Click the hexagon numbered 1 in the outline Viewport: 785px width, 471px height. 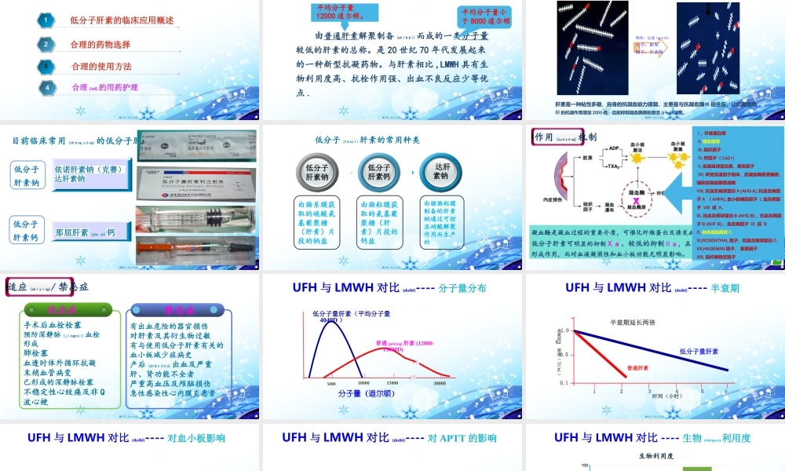tap(47, 20)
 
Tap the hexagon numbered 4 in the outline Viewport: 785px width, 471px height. tap(47, 87)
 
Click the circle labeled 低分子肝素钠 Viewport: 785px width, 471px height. tap(318, 171)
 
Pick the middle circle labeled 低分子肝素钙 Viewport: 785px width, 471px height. tap(379, 171)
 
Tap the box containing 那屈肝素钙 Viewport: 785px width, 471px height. tap(84, 232)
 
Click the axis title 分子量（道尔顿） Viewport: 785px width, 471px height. tap(367, 393)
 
